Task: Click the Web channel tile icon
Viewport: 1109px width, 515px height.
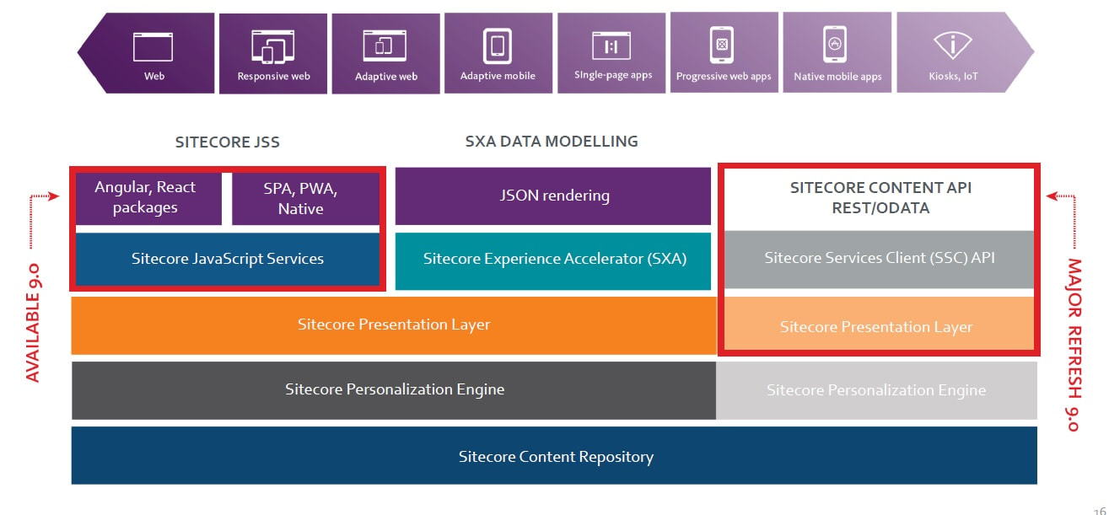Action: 153,46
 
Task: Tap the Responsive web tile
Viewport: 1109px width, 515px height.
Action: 273,53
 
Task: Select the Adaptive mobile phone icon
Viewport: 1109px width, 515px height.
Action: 498,46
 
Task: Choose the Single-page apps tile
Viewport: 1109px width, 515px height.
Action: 612,53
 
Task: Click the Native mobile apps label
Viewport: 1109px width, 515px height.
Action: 837,77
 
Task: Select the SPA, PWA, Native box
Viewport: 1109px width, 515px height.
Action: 301,198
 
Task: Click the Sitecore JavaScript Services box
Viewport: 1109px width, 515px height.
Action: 228,259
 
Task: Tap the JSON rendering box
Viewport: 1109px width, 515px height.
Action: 553,196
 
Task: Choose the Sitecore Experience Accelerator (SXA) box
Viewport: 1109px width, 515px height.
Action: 554,259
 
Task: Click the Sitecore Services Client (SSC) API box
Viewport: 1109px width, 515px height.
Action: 879,258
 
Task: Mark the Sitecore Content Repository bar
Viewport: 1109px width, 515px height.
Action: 555,457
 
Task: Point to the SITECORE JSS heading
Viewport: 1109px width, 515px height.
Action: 227,142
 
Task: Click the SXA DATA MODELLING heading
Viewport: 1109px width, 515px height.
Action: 552,142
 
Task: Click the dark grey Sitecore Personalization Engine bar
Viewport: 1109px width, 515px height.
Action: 394,389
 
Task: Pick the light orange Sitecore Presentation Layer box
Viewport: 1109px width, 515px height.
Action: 876,327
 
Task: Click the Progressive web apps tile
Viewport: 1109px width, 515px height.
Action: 724,53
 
